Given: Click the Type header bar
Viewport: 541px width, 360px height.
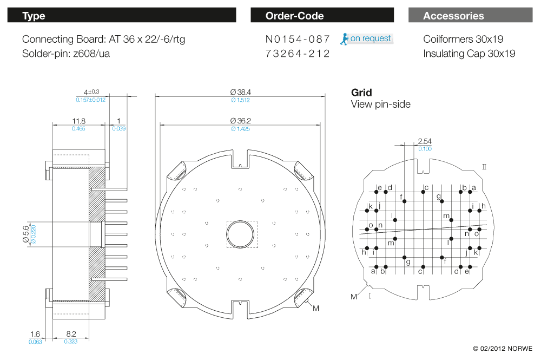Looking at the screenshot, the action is pyautogui.click(x=122, y=15).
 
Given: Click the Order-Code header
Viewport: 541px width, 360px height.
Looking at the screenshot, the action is pyautogui.click(x=322, y=15).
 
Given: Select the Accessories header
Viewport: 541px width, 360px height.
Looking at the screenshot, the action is pyautogui.click(x=470, y=15).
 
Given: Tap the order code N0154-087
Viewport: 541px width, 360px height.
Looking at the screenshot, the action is pyautogui.click(x=298, y=39).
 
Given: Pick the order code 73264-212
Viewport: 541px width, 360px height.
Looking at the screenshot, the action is pyautogui.click(x=298, y=54).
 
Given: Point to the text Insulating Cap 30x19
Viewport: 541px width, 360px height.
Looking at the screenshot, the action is pyautogui.click(x=469, y=54).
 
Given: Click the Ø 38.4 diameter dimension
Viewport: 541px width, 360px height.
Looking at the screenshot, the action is pyautogui.click(x=241, y=92).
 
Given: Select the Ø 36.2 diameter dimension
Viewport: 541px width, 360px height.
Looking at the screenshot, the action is pyautogui.click(x=241, y=121).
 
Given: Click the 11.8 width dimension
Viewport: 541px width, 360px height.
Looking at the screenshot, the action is pyautogui.click(x=78, y=121).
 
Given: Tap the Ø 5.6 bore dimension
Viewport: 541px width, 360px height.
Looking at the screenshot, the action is pyautogui.click(x=26, y=234).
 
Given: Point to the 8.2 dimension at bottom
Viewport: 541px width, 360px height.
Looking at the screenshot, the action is pyautogui.click(x=71, y=334).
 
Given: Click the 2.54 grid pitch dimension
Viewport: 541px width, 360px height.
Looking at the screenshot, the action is pyautogui.click(x=425, y=141).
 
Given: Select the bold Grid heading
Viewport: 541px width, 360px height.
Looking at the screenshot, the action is pyautogui.click(x=361, y=93).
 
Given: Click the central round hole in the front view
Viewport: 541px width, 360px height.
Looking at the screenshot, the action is pyautogui.click(x=241, y=234).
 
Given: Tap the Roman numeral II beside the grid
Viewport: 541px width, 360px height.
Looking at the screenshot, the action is pyautogui.click(x=484, y=167).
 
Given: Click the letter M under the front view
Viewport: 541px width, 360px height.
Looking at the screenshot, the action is pyautogui.click(x=316, y=308).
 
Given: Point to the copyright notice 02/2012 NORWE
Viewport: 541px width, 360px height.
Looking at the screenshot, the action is pyautogui.click(x=503, y=349).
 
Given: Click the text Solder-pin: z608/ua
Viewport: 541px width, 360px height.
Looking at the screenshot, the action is pyautogui.click(x=66, y=54).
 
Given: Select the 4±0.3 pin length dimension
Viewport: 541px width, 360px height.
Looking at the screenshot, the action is pyautogui.click(x=91, y=92).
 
